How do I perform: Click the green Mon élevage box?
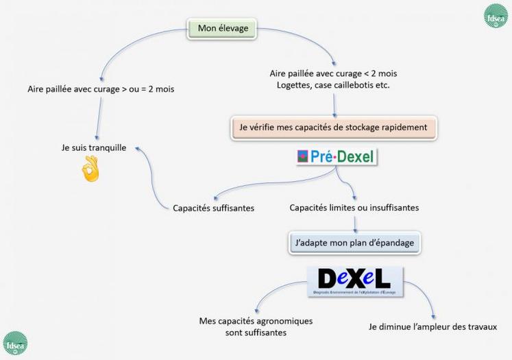pos(222,28)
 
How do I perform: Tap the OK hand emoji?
pos(90,169)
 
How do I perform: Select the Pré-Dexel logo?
pos(336,157)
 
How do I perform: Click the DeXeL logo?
pos(354,280)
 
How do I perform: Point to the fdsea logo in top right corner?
pos(495,15)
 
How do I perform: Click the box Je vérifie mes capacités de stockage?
pos(333,127)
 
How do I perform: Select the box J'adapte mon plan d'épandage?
pos(354,242)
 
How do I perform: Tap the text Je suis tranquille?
pos(94,147)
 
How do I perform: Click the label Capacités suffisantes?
pos(214,207)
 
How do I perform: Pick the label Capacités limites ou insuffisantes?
pos(354,206)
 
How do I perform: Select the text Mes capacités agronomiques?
pos(256,320)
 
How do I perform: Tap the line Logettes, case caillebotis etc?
pos(333,86)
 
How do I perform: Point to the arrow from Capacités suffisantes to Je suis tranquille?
pos(148,175)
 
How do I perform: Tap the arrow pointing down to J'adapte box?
pos(354,222)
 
